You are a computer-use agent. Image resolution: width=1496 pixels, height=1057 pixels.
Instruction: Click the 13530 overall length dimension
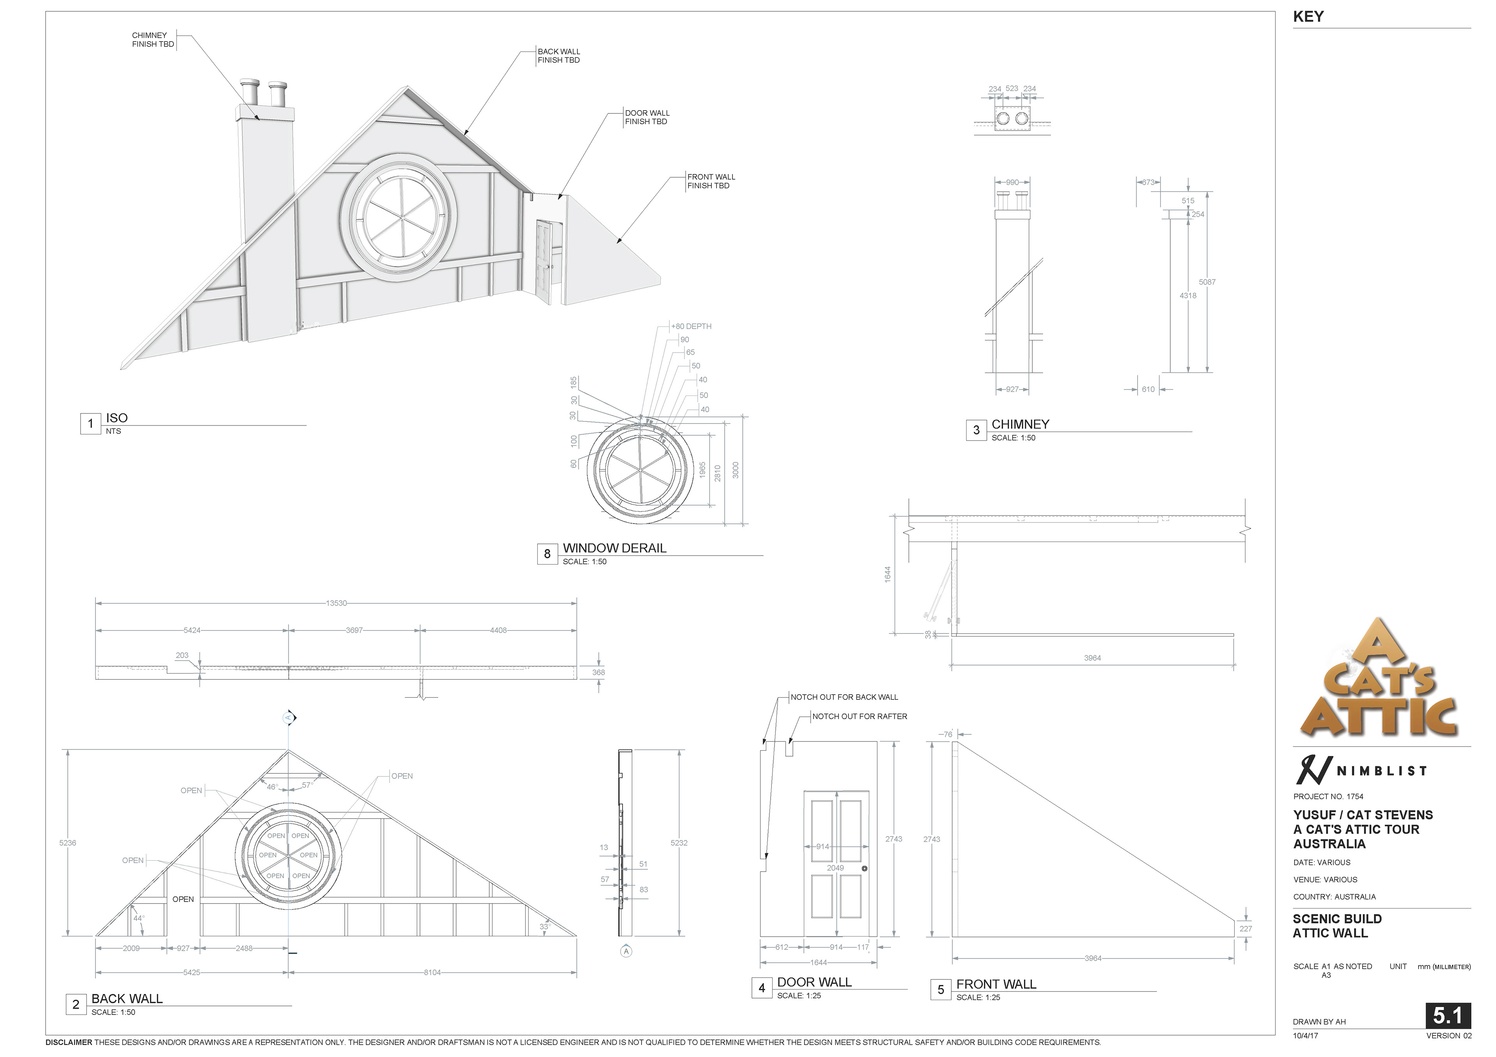tap(336, 603)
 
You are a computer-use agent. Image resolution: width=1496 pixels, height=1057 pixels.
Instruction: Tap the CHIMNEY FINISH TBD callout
tap(153, 40)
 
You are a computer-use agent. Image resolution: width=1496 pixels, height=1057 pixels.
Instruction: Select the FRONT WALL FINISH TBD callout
tap(711, 181)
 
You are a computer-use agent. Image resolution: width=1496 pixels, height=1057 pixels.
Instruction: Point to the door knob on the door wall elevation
tap(864, 869)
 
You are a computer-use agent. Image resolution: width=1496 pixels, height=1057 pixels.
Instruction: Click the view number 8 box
tap(547, 554)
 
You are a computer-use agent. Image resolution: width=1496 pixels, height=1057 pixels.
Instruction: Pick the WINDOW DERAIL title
tap(614, 548)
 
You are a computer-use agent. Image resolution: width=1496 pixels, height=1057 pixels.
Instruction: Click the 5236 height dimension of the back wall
tap(68, 843)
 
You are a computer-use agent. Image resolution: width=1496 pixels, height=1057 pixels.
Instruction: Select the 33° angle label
tap(545, 926)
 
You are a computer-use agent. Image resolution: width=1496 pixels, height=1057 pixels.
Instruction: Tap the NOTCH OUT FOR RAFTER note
tap(859, 716)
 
